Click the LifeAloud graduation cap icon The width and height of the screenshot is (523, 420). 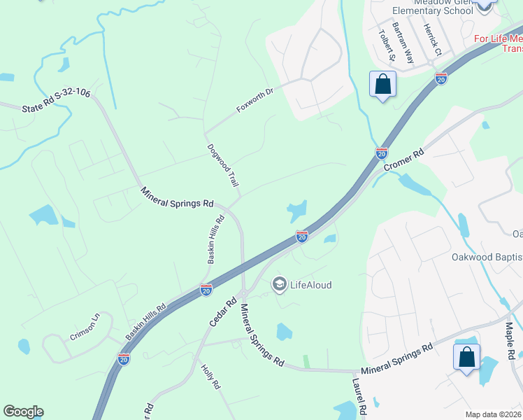click(279, 284)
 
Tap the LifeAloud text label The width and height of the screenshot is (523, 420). click(310, 285)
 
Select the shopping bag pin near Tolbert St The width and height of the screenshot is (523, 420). click(382, 85)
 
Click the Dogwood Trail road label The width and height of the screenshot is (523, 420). click(224, 165)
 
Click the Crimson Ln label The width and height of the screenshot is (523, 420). click(85, 326)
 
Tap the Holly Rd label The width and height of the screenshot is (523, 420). click(210, 376)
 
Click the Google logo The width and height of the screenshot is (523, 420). click(24, 412)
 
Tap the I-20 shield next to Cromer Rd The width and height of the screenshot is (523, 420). click(382, 152)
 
